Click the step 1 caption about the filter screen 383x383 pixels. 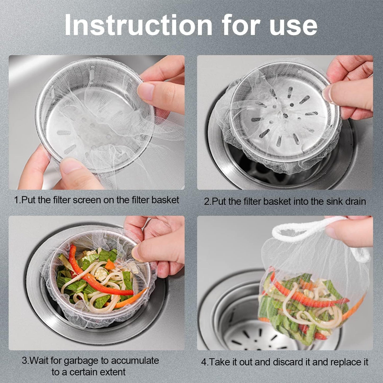(96, 200)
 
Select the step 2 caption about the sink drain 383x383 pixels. (285, 201)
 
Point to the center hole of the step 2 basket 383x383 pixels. (285, 116)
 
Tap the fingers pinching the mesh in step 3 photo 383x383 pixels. (156, 246)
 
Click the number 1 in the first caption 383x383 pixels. (16, 200)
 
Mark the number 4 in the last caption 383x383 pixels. (204, 362)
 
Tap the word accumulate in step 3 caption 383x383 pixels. (134, 361)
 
